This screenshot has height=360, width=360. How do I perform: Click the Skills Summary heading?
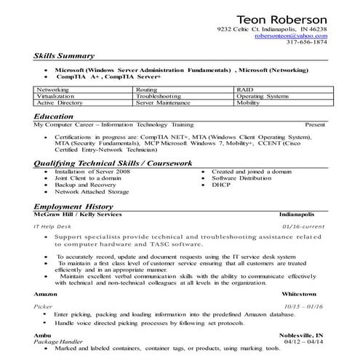tap(64, 56)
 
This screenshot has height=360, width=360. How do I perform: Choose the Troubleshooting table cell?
tap(158, 96)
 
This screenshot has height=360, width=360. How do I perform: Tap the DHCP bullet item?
tap(221, 185)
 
